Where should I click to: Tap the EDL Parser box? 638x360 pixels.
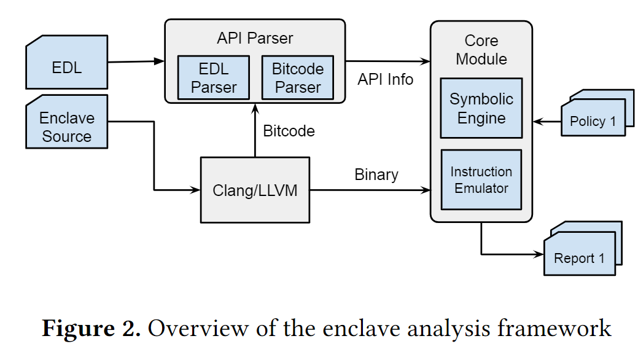213,77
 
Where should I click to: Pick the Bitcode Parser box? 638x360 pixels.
298,77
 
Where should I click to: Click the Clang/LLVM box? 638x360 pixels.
255,190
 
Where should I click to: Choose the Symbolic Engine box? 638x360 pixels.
481,108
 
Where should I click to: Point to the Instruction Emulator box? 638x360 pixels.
481,179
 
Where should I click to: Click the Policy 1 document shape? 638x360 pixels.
592,120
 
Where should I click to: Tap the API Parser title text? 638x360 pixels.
255,38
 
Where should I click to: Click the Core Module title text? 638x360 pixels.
481,50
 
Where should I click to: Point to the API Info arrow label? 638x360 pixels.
386,79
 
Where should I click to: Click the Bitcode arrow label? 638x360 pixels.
289,130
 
